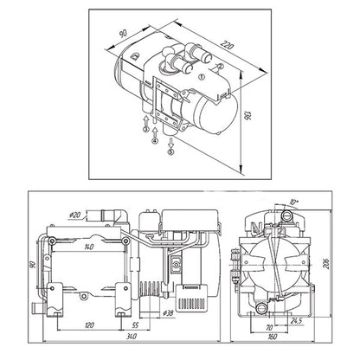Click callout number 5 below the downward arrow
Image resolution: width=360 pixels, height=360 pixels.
[170, 151]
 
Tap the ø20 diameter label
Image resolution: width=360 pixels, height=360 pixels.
[74, 213]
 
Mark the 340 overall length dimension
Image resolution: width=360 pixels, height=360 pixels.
[130, 335]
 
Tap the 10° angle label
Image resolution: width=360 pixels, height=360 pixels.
[296, 202]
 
